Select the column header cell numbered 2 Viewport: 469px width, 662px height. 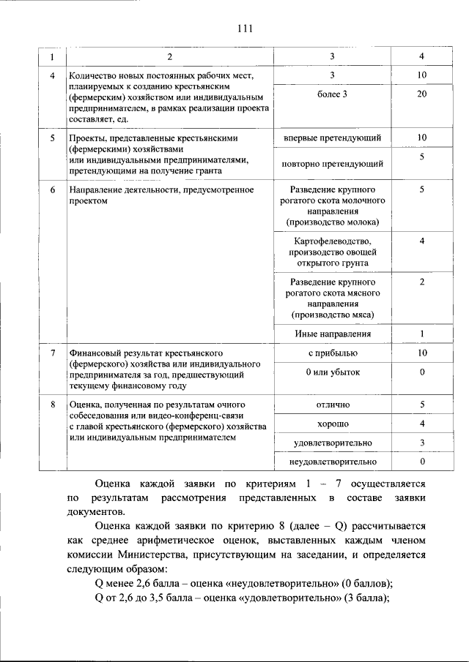[169, 57]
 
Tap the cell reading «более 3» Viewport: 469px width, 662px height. [332, 94]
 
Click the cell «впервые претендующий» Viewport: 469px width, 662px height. [332, 138]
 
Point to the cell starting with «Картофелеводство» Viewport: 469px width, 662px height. [332, 252]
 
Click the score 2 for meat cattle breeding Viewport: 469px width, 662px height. [421, 282]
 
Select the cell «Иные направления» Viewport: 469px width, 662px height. [332, 334]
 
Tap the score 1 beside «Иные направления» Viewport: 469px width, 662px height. [421, 334]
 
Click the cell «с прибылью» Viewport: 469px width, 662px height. [332, 353]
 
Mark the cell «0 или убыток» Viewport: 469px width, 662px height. [332, 372]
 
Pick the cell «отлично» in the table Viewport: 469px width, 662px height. [332, 405]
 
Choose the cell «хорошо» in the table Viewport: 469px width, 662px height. [332, 424]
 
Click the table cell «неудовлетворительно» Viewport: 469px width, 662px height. [332, 462]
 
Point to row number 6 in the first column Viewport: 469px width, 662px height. [52, 190]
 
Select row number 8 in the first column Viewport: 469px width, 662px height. [52, 405]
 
